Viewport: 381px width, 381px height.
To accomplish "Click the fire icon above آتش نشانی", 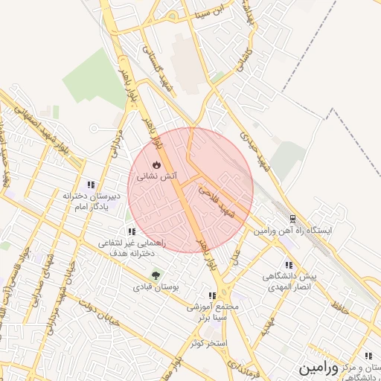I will (x=156, y=164).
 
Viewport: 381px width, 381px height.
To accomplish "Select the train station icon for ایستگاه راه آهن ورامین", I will (x=292, y=220).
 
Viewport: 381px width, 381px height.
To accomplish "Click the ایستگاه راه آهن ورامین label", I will (x=294, y=231).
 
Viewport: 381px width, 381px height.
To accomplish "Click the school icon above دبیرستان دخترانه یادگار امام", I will (x=92, y=184).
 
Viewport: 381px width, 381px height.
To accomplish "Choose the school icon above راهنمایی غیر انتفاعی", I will (x=132, y=231).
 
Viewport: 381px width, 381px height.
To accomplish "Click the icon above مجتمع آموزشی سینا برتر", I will (x=213, y=295).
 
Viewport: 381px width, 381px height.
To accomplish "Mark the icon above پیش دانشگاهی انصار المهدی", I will (x=289, y=265).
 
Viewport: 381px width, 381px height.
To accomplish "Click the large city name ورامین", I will (x=319, y=368).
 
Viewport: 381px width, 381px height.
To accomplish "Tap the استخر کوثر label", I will (x=208, y=342).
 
